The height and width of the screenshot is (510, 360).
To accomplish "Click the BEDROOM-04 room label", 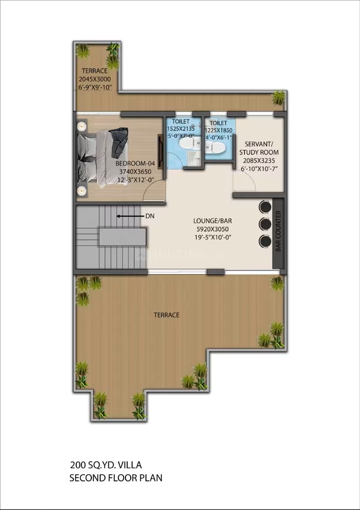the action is pos(135,163).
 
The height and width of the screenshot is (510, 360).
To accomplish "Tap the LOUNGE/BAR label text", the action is pos(212,221).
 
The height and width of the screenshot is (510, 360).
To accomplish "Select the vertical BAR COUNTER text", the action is pos(278,231).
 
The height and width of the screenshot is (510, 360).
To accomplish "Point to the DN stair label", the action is pos(150,216).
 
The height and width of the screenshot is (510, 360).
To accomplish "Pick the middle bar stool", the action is pos(265,224).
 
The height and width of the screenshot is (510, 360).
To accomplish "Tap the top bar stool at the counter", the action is pos(265,207).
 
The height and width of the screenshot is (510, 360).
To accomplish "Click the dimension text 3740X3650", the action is pos(135,172).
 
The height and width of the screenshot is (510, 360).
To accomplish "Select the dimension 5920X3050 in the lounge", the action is pos(212,229).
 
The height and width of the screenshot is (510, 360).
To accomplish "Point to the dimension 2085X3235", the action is pos(259,160).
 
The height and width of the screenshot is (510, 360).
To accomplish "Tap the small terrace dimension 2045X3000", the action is pos(94,79).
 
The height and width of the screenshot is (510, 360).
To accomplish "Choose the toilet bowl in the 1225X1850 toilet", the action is pos(215,147).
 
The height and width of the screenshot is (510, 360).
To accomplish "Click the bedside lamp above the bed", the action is pos(81,126).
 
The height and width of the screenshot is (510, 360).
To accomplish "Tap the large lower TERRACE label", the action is pos(167,315).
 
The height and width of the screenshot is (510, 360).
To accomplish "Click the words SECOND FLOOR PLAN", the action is pos(116,478).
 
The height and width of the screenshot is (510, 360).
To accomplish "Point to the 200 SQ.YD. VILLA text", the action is pos(106,465).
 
